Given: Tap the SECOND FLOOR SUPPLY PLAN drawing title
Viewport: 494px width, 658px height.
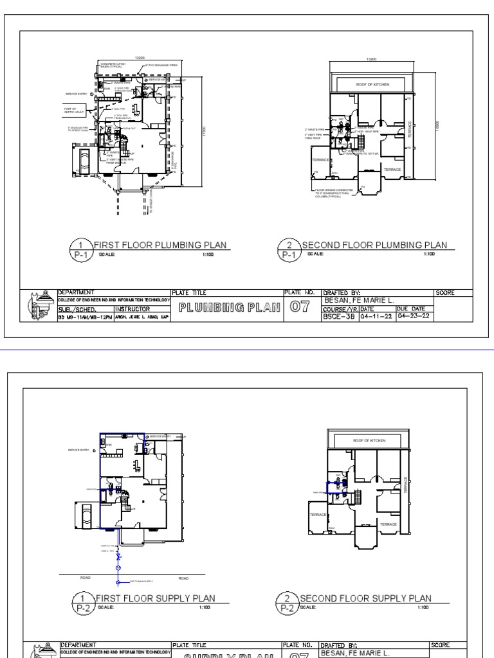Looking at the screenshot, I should pyautogui.click(x=365, y=598).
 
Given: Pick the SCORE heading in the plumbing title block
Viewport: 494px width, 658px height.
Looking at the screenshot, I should pyautogui.click(x=445, y=293).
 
